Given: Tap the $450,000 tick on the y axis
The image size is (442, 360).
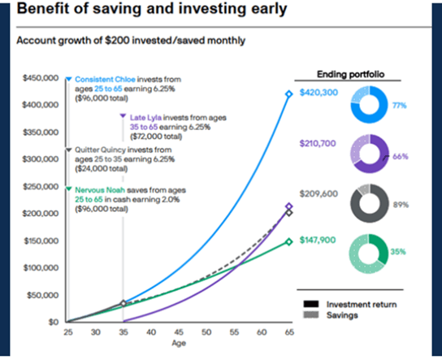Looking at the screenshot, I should [40, 78].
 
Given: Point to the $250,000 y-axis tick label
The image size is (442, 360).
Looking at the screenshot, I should [40, 186].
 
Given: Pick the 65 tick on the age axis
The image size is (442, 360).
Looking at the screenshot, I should [288, 332].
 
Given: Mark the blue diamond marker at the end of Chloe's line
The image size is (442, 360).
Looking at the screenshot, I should [288, 94].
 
